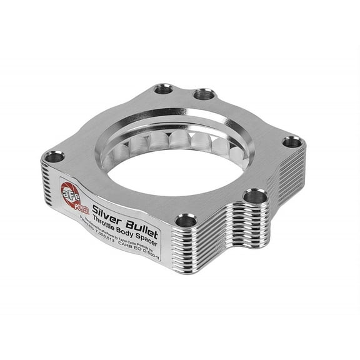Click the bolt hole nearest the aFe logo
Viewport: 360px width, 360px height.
point(55,156)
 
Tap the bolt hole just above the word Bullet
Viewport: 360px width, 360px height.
point(185,220)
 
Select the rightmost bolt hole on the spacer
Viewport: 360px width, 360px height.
point(292,142)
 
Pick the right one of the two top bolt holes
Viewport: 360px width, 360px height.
point(203,95)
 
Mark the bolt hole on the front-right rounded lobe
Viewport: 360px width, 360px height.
point(254,197)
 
